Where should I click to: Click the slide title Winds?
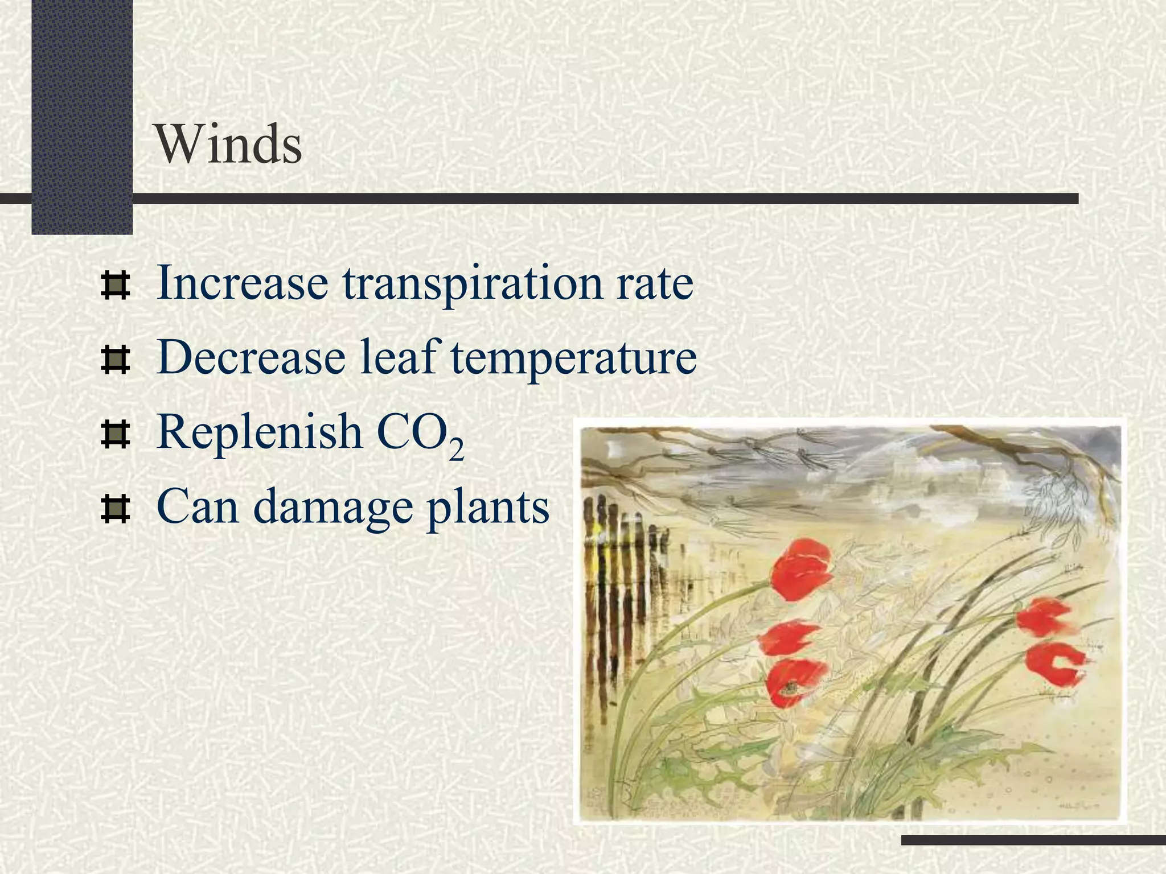tap(228, 145)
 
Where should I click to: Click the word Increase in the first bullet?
tap(242, 283)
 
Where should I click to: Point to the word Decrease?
tap(251, 357)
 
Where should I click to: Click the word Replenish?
tap(260, 432)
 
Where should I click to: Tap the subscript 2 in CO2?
tap(456, 450)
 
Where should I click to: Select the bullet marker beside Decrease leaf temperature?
tap(115, 360)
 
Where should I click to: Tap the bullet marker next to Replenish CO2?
tap(115, 434)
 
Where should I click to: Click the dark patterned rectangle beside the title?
tap(82, 114)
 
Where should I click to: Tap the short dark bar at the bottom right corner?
tap(1033, 840)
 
